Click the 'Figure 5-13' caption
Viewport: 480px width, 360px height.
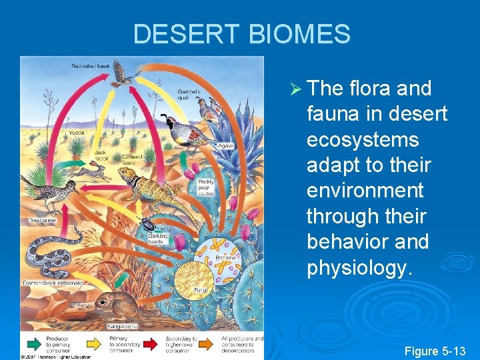point(435,351)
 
